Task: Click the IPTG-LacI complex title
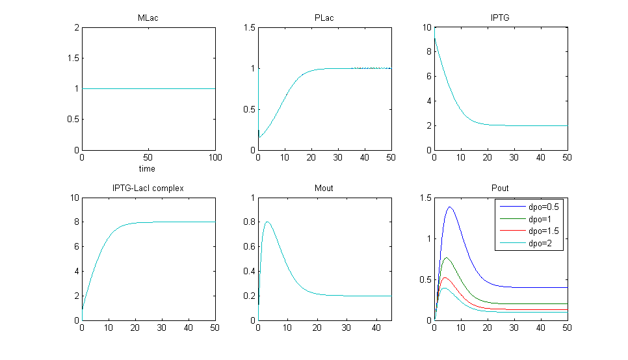(148, 188)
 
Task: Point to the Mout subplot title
(324, 188)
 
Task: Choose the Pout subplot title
(501, 188)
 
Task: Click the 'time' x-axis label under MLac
(148, 169)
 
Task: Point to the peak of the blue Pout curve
(449, 207)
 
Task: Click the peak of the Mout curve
(267, 222)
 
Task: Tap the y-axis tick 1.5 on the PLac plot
(248, 27)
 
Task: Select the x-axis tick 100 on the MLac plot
(215, 158)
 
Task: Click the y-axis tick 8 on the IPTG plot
(427, 52)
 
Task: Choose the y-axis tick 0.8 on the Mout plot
(248, 222)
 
